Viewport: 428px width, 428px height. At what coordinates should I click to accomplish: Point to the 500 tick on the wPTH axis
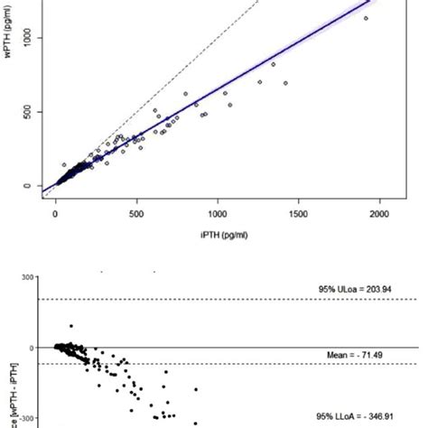(26, 113)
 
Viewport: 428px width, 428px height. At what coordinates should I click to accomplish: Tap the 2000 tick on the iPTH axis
(378, 213)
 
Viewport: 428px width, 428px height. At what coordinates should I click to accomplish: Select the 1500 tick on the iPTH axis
(298, 213)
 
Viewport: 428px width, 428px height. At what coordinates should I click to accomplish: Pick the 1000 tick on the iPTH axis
(218, 213)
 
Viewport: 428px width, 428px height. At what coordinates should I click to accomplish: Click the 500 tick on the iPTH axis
(136, 213)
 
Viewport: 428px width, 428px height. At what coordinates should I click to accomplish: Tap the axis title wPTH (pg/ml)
(8, 99)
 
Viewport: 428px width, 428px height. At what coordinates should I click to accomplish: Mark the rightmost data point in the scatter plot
(366, 18)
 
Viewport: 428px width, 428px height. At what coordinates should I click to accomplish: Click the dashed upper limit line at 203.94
(226, 299)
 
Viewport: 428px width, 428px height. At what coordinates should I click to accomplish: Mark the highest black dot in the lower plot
(71, 325)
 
